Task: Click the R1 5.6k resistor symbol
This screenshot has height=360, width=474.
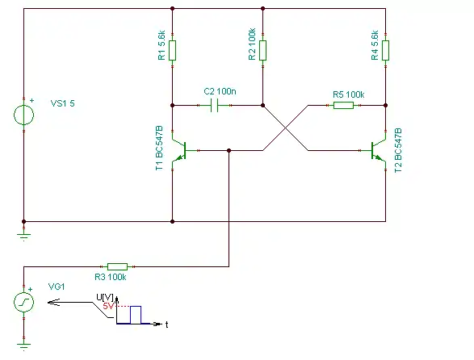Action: (x=172, y=50)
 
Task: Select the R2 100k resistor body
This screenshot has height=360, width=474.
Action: (x=262, y=50)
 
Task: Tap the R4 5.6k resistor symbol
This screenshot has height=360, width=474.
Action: (x=385, y=50)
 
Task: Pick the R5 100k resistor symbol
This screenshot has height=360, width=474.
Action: (x=343, y=105)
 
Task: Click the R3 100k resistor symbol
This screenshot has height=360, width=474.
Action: (x=118, y=266)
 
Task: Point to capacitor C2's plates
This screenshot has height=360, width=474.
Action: (x=214, y=105)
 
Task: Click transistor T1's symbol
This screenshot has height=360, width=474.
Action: (x=180, y=150)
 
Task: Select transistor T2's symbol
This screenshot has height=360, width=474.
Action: (x=378, y=150)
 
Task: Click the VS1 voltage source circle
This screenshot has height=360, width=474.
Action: (x=24, y=115)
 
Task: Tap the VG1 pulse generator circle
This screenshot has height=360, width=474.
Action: (x=24, y=302)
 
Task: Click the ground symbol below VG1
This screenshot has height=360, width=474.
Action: (x=24, y=347)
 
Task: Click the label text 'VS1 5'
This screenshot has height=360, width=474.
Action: (x=62, y=103)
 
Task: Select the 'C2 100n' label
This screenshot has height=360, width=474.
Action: (x=220, y=91)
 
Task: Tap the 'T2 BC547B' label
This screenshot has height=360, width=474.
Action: (x=398, y=150)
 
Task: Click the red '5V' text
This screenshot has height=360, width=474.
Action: (x=108, y=306)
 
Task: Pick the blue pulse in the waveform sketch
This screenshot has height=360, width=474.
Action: (x=136, y=315)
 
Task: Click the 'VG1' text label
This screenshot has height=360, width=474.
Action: (x=57, y=287)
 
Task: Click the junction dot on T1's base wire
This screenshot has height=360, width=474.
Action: (x=229, y=150)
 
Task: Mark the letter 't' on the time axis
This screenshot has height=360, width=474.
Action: (x=167, y=324)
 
